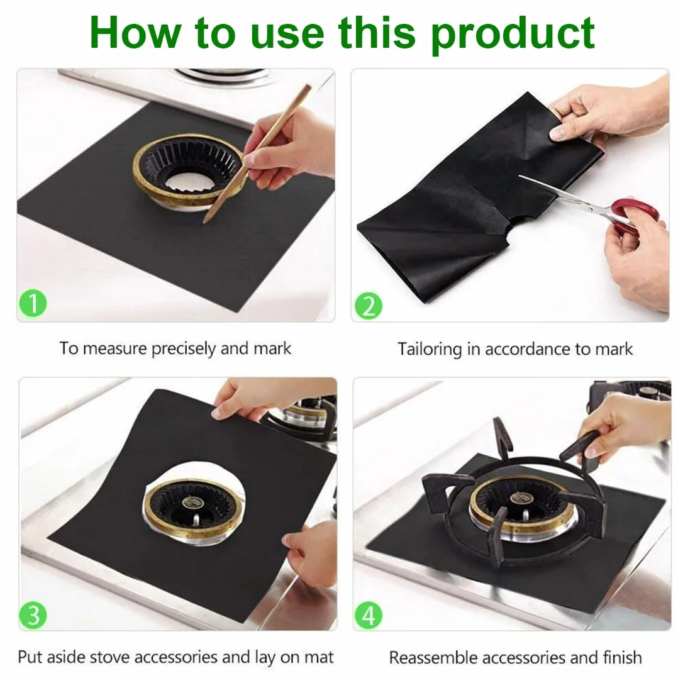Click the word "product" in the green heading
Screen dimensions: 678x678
pos(513,35)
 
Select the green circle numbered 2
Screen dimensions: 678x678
pos(369,306)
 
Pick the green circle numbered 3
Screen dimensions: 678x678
pos(33,614)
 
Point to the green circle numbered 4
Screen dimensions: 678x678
pos(369,615)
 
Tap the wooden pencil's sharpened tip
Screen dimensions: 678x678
pos(204,222)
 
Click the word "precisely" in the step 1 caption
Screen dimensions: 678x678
pos(184,349)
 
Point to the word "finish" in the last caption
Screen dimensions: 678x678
pos(622,658)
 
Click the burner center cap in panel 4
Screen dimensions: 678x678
pos(522,497)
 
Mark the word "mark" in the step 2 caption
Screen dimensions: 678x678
pos(614,350)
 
